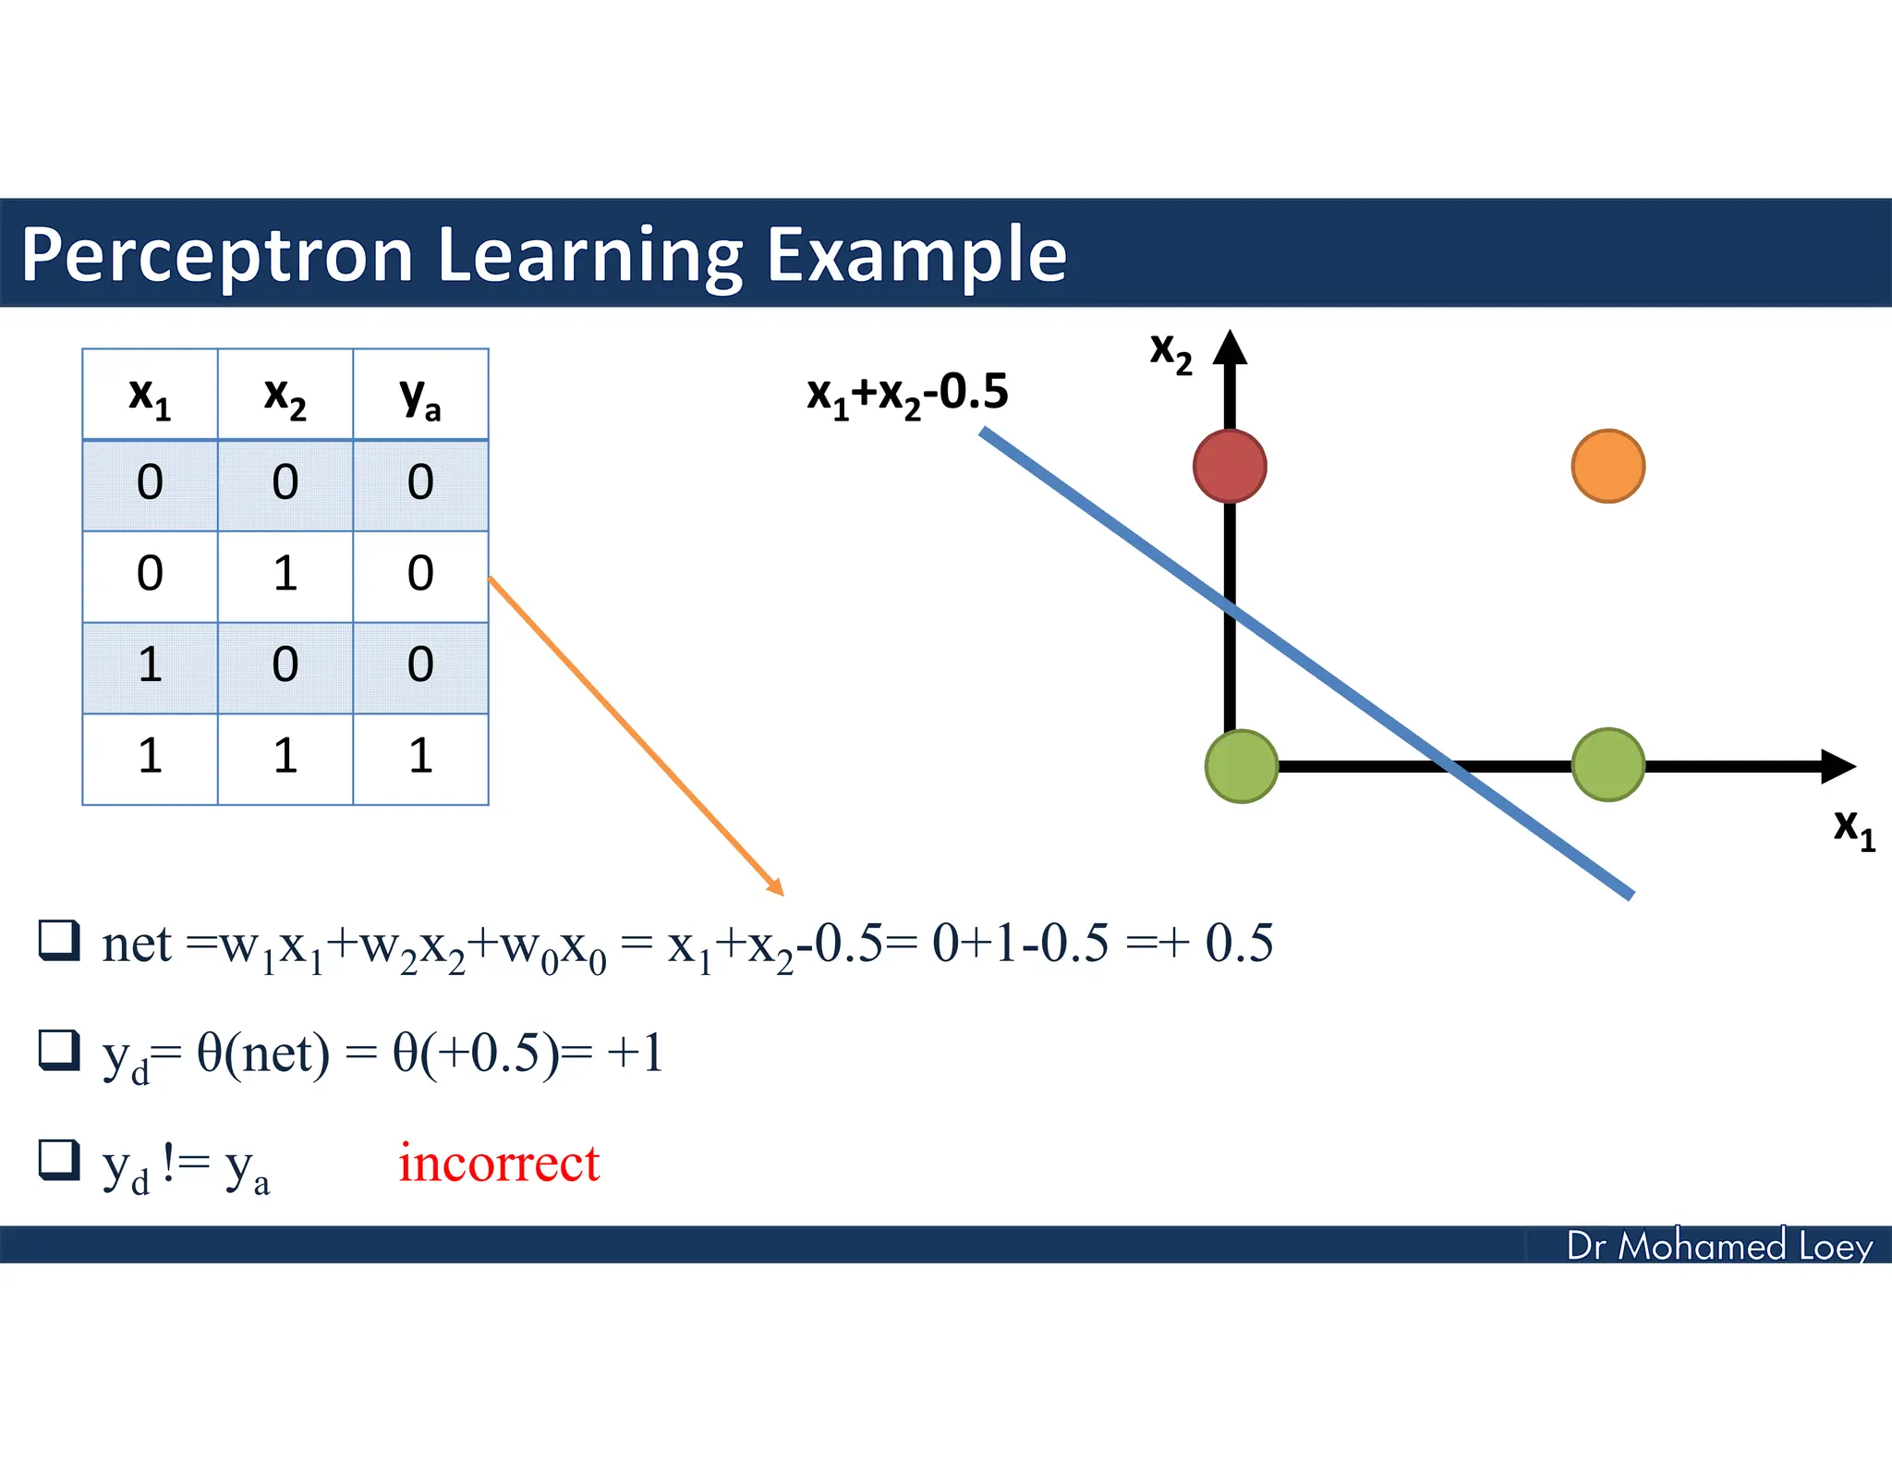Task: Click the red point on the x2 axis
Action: coord(1229,466)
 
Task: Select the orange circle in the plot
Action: coord(1607,466)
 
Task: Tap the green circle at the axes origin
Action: coord(1242,766)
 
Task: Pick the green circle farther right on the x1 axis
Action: coord(1607,764)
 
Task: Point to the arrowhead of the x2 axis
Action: coord(1230,347)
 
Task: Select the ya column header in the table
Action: coord(420,396)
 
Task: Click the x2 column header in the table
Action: coord(285,396)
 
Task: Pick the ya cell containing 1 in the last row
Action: coord(420,757)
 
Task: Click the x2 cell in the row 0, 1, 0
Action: coord(285,574)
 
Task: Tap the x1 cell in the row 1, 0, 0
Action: coord(150,665)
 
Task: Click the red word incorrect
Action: coord(499,1163)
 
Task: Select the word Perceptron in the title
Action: coord(217,255)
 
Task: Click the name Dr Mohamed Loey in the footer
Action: coord(1718,1246)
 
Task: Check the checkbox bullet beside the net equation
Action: coord(59,941)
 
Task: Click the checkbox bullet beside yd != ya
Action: coord(59,1161)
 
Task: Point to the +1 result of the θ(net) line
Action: coord(636,1053)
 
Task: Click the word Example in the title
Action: coord(916,255)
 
